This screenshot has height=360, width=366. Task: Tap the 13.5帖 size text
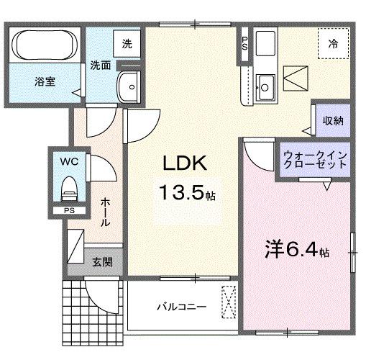(x=186, y=193)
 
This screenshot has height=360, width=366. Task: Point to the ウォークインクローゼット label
(x=315, y=160)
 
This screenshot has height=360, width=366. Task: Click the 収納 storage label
(x=331, y=120)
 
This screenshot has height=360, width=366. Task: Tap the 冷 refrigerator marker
(x=333, y=43)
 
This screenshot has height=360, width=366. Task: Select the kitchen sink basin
(x=264, y=87)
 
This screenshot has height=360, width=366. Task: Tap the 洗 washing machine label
(x=127, y=43)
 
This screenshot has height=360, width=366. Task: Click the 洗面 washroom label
(x=100, y=66)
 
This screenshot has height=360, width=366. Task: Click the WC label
(x=69, y=161)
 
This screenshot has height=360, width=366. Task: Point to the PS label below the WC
(x=69, y=211)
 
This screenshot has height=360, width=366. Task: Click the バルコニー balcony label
(x=182, y=307)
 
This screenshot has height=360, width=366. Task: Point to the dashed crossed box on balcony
(x=229, y=302)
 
